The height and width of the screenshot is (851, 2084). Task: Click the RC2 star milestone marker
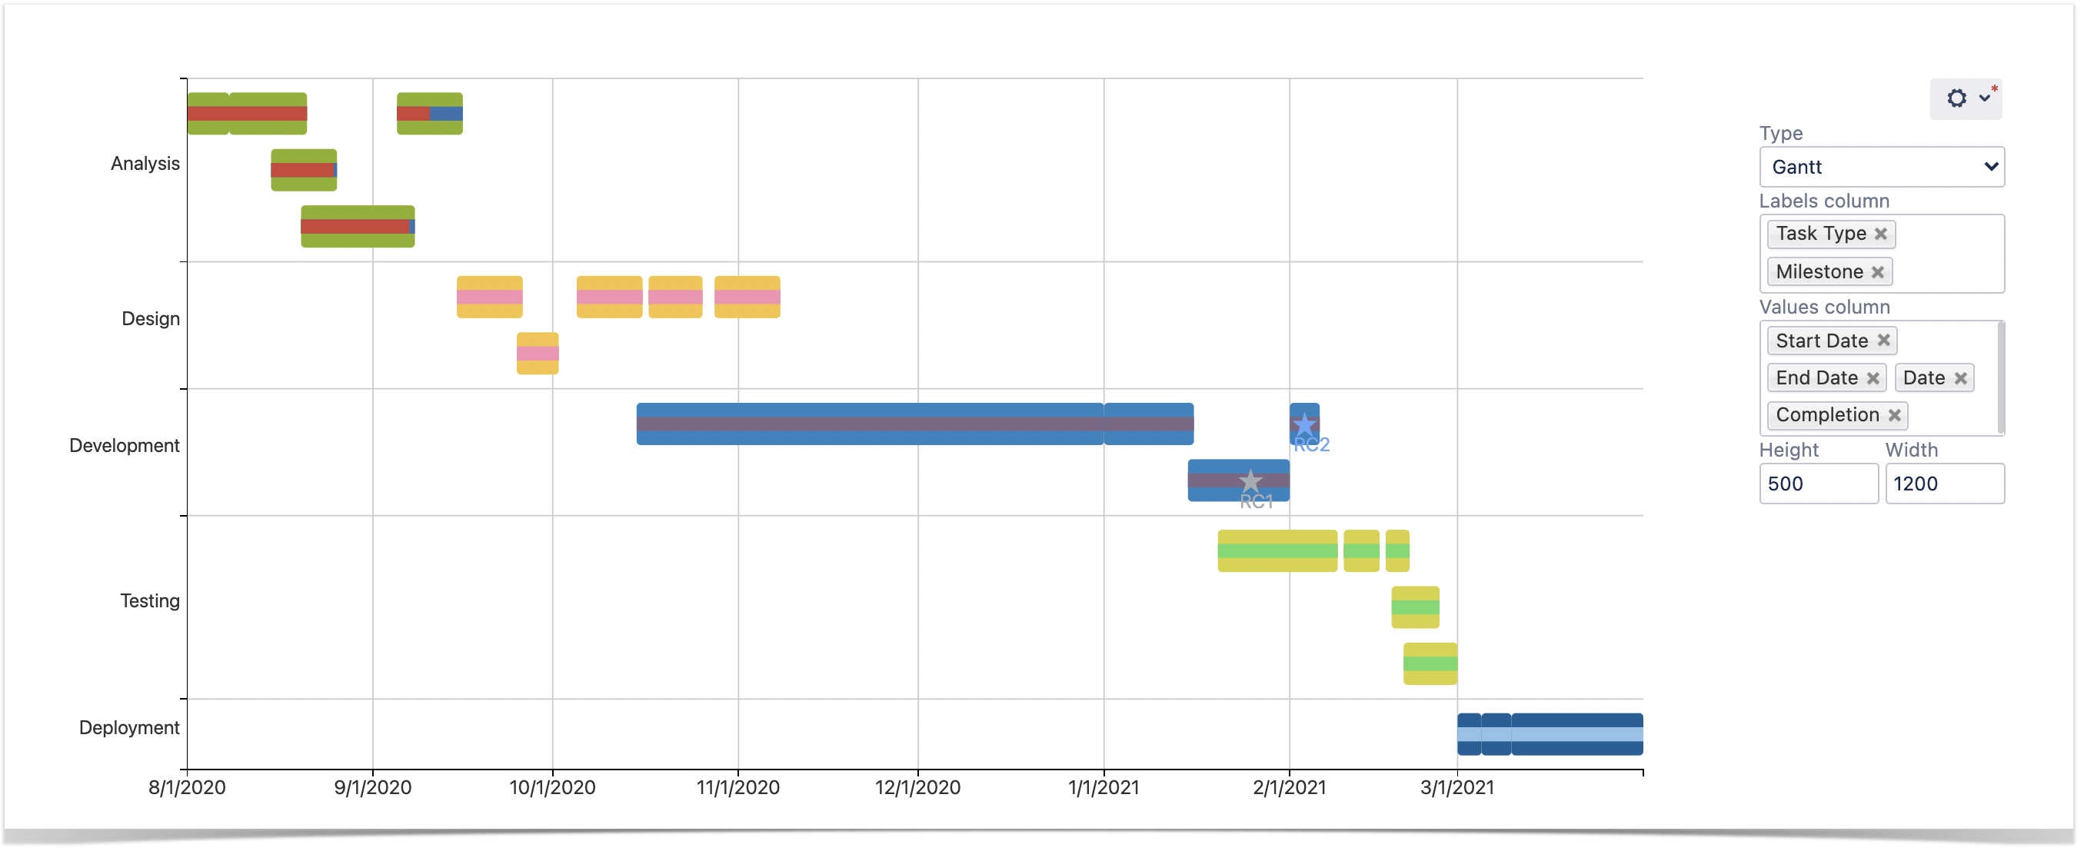(x=1304, y=424)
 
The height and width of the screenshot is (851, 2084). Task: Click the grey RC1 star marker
(x=1250, y=481)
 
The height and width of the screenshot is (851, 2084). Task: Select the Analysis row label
(x=145, y=164)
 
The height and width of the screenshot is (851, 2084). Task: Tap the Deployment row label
(x=128, y=727)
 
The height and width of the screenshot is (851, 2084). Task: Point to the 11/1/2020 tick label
(x=737, y=787)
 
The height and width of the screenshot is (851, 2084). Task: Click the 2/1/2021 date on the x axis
(x=1289, y=787)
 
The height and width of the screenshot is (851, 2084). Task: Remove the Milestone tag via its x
(x=1878, y=273)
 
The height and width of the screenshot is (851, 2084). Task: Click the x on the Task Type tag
(x=1881, y=234)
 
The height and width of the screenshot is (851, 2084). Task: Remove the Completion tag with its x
(x=1894, y=415)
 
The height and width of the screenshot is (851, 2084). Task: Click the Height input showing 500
(x=1817, y=484)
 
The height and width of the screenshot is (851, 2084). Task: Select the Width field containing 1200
(x=1943, y=484)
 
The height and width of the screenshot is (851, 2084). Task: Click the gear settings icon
(x=1956, y=98)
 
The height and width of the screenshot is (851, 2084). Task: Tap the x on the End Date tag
(x=1873, y=377)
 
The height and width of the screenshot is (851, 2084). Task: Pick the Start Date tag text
(x=1821, y=341)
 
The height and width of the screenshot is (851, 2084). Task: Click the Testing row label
(x=150, y=601)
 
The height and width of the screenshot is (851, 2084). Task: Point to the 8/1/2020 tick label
(x=187, y=787)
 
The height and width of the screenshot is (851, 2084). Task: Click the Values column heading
(x=1823, y=307)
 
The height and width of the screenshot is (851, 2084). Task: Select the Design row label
(x=151, y=319)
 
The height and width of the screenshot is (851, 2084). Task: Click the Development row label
(x=124, y=446)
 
